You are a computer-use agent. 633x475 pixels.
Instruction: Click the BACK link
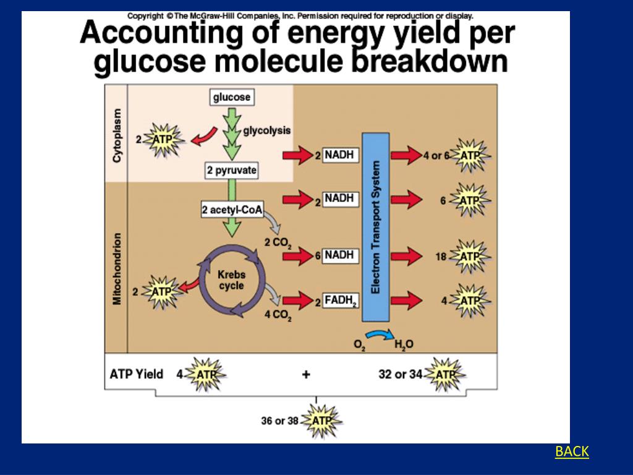pyautogui.click(x=572, y=451)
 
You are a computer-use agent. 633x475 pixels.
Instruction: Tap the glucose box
pyautogui.click(x=232, y=97)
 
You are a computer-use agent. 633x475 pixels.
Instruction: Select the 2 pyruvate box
pyautogui.click(x=232, y=171)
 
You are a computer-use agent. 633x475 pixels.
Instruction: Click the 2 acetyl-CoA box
pyautogui.click(x=232, y=210)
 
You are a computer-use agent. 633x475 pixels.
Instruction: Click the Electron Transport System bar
pyautogui.click(x=376, y=227)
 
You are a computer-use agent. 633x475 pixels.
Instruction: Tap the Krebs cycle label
pyautogui.click(x=232, y=280)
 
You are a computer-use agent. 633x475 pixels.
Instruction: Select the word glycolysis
pyautogui.click(x=266, y=131)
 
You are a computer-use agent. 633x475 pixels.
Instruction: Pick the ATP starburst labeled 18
pyautogui.click(x=470, y=256)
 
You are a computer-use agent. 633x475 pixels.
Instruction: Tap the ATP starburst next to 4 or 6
pyautogui.click(x=470, y=155)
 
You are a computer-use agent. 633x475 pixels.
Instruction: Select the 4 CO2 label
pyautogui.click(x=278, y=315)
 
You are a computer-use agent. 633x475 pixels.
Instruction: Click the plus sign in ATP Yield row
pyautogui.click(x=305, y=374)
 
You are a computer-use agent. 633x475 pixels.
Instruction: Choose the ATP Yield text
pyautogui.click(x=136, y=374)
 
